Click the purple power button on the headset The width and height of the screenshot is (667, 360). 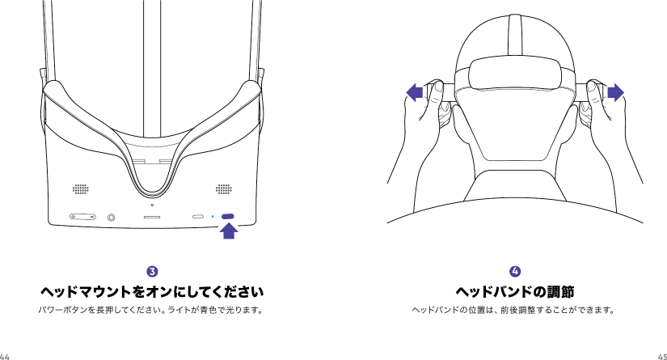228,217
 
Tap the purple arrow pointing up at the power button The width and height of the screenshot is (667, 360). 230,232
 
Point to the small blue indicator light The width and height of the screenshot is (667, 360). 212,217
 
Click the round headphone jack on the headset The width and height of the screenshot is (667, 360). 111,217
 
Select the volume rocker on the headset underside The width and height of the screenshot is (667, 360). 81,217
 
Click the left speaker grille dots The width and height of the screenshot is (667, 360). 80,189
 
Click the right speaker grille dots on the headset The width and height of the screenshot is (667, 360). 223,189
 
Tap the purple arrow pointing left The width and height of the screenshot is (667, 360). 416,93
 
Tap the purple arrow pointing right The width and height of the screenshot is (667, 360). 616,93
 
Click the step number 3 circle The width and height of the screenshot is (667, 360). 152,269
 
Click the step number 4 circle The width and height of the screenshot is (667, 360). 515,269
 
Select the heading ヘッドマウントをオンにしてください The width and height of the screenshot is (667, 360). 152,290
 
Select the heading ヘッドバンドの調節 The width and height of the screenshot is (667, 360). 515,290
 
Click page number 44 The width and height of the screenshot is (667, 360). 6,355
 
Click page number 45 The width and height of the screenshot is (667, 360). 661,355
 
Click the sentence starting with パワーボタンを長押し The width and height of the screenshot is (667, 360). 152,309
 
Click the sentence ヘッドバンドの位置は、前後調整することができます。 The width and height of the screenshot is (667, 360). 515,309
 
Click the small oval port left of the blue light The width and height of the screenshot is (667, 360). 198,217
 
